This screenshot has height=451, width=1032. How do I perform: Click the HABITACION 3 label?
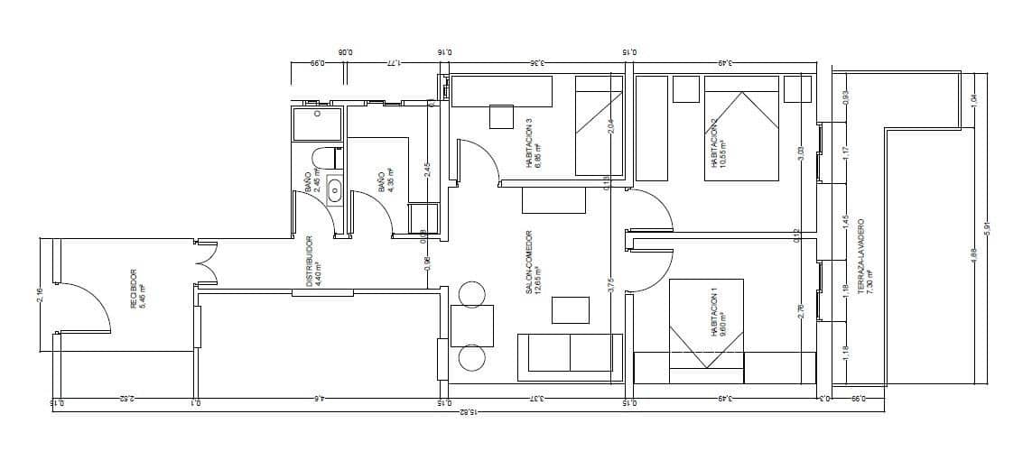point(533,144)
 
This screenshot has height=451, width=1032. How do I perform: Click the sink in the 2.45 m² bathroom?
point(334,189)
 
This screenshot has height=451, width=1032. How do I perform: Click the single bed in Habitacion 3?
point(600,125)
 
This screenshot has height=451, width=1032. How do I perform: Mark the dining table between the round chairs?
point(473,326)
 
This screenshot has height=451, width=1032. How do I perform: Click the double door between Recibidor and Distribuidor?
point(206,265)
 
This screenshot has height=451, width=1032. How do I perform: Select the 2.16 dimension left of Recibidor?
point(40,295)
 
